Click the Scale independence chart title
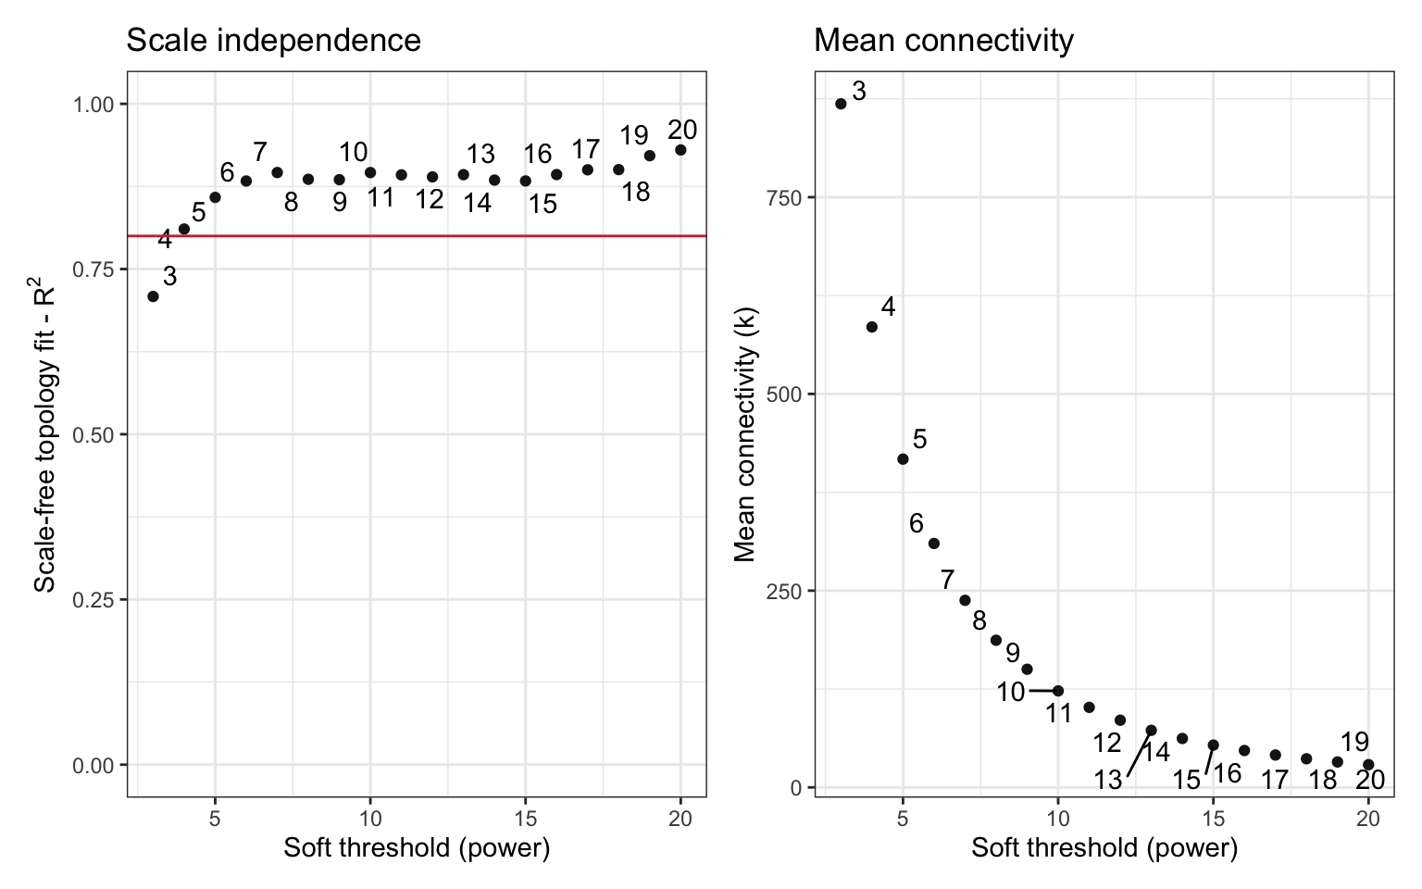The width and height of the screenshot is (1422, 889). (x=273, y=40)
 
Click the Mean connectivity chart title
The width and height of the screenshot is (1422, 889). (x=943, y=40)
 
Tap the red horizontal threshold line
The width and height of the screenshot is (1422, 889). (x=417, y=236)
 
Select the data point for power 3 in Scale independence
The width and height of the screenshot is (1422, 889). (x=153, y=296)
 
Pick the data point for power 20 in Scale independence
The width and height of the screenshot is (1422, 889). (x=680, y=150)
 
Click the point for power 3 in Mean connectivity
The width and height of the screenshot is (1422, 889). (x=841, y=104)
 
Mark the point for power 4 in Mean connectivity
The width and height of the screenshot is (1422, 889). (x=871, y=327)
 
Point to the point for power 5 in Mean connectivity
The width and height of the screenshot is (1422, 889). (x=903, y=459)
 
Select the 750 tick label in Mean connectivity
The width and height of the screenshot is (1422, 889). (x=782, y=197)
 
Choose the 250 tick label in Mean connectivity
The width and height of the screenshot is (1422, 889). (x=782, y=591)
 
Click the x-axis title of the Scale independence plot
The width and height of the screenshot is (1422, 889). (x=417, y=847)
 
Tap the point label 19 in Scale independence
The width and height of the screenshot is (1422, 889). (x=634, y=136)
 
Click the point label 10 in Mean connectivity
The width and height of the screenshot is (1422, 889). (x=1011, y=692)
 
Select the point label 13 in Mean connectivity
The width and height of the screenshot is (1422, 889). (x=1107, y=780)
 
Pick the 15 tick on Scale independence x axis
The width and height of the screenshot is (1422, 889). (x=525, y=819)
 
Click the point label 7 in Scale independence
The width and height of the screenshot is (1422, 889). (x=260, y=152)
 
